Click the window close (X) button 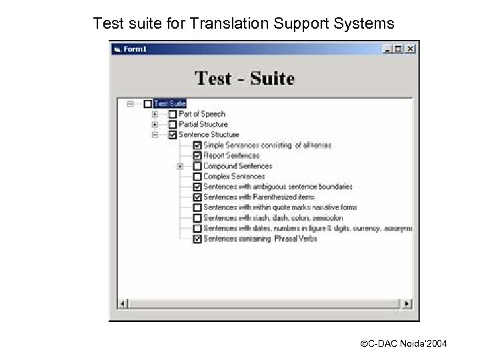point(411,49)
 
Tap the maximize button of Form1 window point(399,49)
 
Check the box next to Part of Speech point(173,114)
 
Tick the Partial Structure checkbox point(173,124)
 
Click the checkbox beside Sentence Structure point(173,135)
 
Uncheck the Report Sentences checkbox point(197,155)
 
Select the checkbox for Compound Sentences point(197,166)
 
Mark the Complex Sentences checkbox point(197,177)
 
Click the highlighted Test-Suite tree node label point(169,103)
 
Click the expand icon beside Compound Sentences point(180,166)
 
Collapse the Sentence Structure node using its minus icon point(155,135)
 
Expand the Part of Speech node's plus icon point(155,114)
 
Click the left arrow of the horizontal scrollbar point(121,304)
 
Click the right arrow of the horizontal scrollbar point(407,304)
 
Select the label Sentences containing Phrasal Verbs point(259,239)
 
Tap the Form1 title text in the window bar point(136,49)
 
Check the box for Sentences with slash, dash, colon point(197,218)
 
